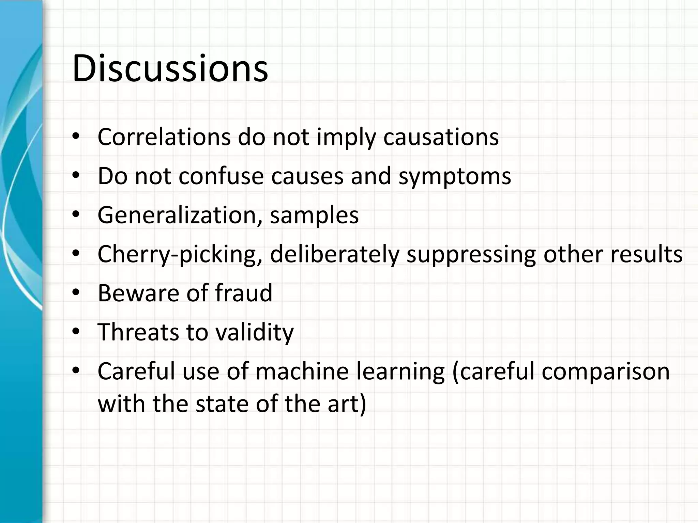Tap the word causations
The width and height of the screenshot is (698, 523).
tap(441, 137)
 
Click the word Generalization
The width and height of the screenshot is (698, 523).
tap(180, 215)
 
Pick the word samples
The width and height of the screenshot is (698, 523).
tap(314, 216)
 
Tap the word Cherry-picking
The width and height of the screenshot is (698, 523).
tap(180, 254)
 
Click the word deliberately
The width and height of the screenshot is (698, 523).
tap(334, 254)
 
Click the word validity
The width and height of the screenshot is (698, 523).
tap(255, 333)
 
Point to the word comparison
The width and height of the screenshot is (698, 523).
tap(606, 372)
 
